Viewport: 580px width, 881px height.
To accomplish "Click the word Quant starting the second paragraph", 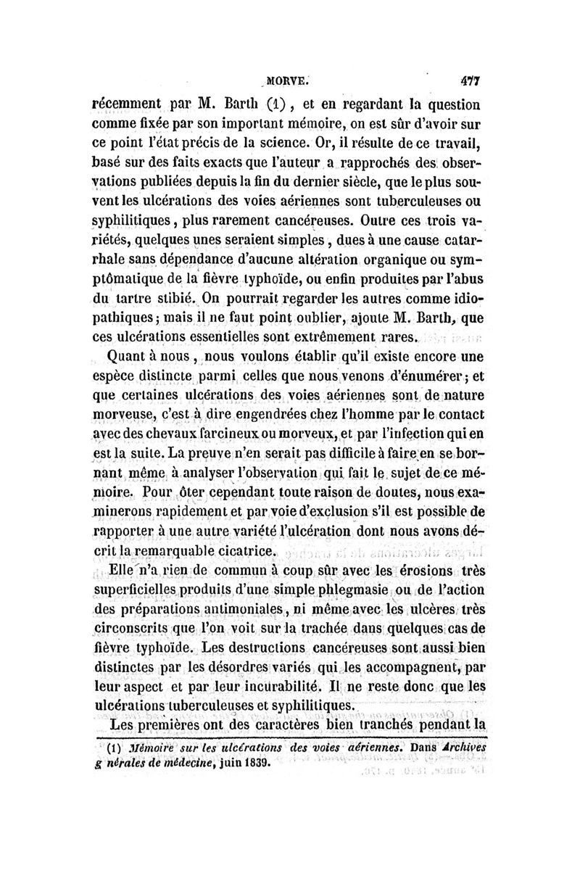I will (x=128, y=356).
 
